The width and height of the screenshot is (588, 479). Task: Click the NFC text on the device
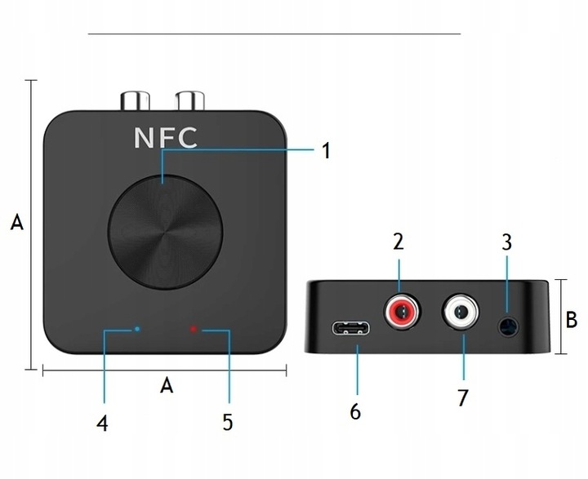pyautogui.click(x=166, y=137)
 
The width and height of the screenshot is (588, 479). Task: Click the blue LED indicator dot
pyautogui.click(x=136, y=329)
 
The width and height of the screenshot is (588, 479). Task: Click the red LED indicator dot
pyautogui.click(x=194, y=330)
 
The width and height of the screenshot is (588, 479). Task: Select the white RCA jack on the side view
pyautogui.click(x=461, y=311)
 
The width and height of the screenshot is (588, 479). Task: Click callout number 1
pyautogui.click(x=325, y=151)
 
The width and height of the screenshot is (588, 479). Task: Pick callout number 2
pyautogui.click(x=399, y=242)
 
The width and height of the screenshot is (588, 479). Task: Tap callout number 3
pyautogui.click(x=507, y=242)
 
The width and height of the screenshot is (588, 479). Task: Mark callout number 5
pyautogui.click(x=227, y=423)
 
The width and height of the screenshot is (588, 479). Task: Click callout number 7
pyautogui.click(x=463, y=400)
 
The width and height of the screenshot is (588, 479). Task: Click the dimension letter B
pyautogui.click(x=572, y=319)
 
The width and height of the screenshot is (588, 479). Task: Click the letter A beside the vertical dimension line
pyautogui.click(x=16, y=223)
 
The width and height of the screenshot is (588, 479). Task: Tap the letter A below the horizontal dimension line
pyautogui.click(x=167, y=387)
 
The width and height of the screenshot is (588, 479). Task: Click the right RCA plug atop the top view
pyautogui.click(x=189, y=101)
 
